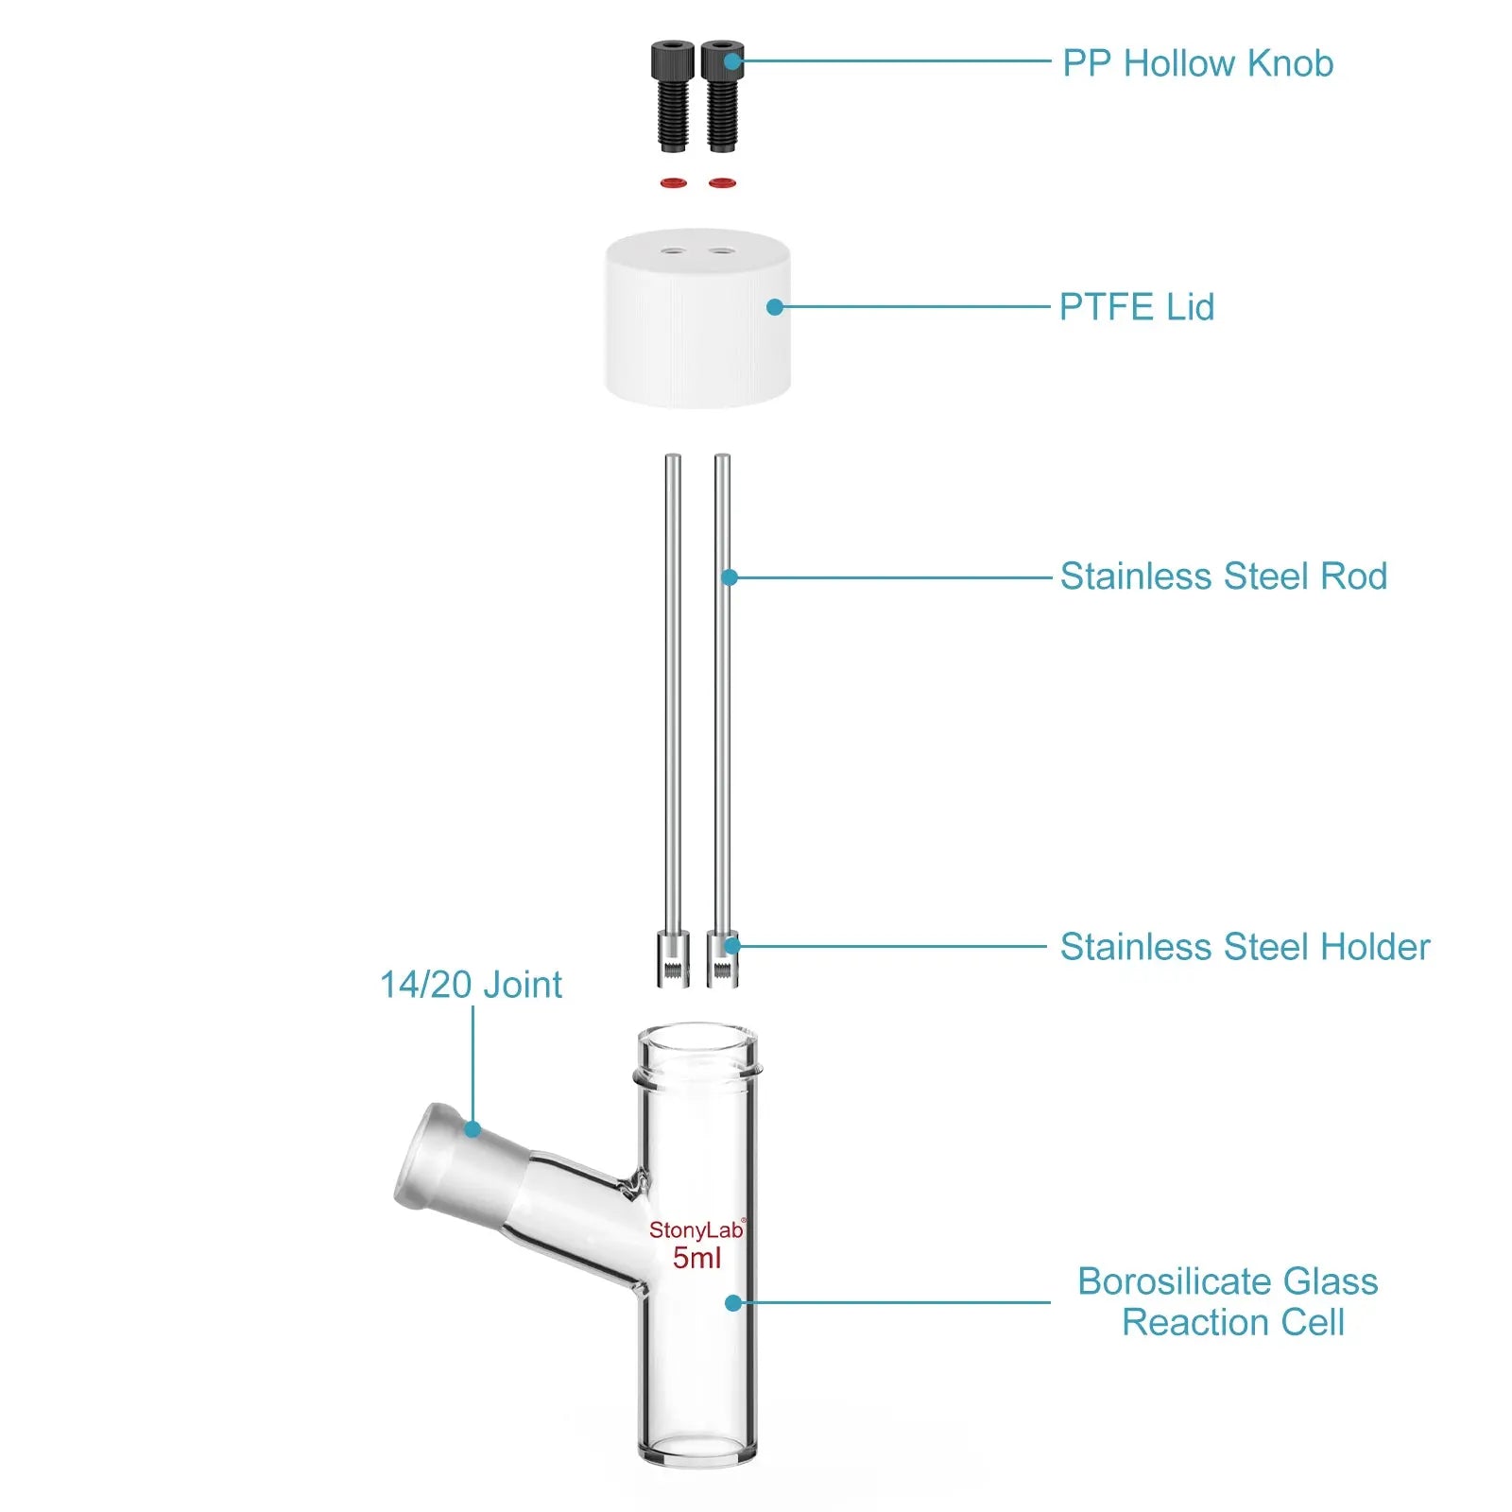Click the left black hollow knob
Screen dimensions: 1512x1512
672,94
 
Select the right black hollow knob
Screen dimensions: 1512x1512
722,94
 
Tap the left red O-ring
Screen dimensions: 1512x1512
673,182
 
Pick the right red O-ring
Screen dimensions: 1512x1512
722,182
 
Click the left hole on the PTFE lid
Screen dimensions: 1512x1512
673,251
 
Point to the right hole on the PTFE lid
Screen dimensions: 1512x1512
722,251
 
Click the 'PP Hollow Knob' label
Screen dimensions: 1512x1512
1197,63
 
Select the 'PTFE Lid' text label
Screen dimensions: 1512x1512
1136,307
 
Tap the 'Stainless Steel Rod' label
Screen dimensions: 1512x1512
1223,576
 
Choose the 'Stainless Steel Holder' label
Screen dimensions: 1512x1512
1245,947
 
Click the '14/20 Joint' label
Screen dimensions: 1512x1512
471,985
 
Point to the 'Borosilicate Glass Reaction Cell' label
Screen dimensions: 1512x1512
1228,1301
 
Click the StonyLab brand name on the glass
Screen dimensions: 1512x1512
696,1229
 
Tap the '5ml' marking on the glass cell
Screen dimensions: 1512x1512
696,1258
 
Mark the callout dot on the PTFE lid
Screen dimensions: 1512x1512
775,307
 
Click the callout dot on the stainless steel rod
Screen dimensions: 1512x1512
730,576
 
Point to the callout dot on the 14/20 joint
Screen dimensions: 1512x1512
472,1128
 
